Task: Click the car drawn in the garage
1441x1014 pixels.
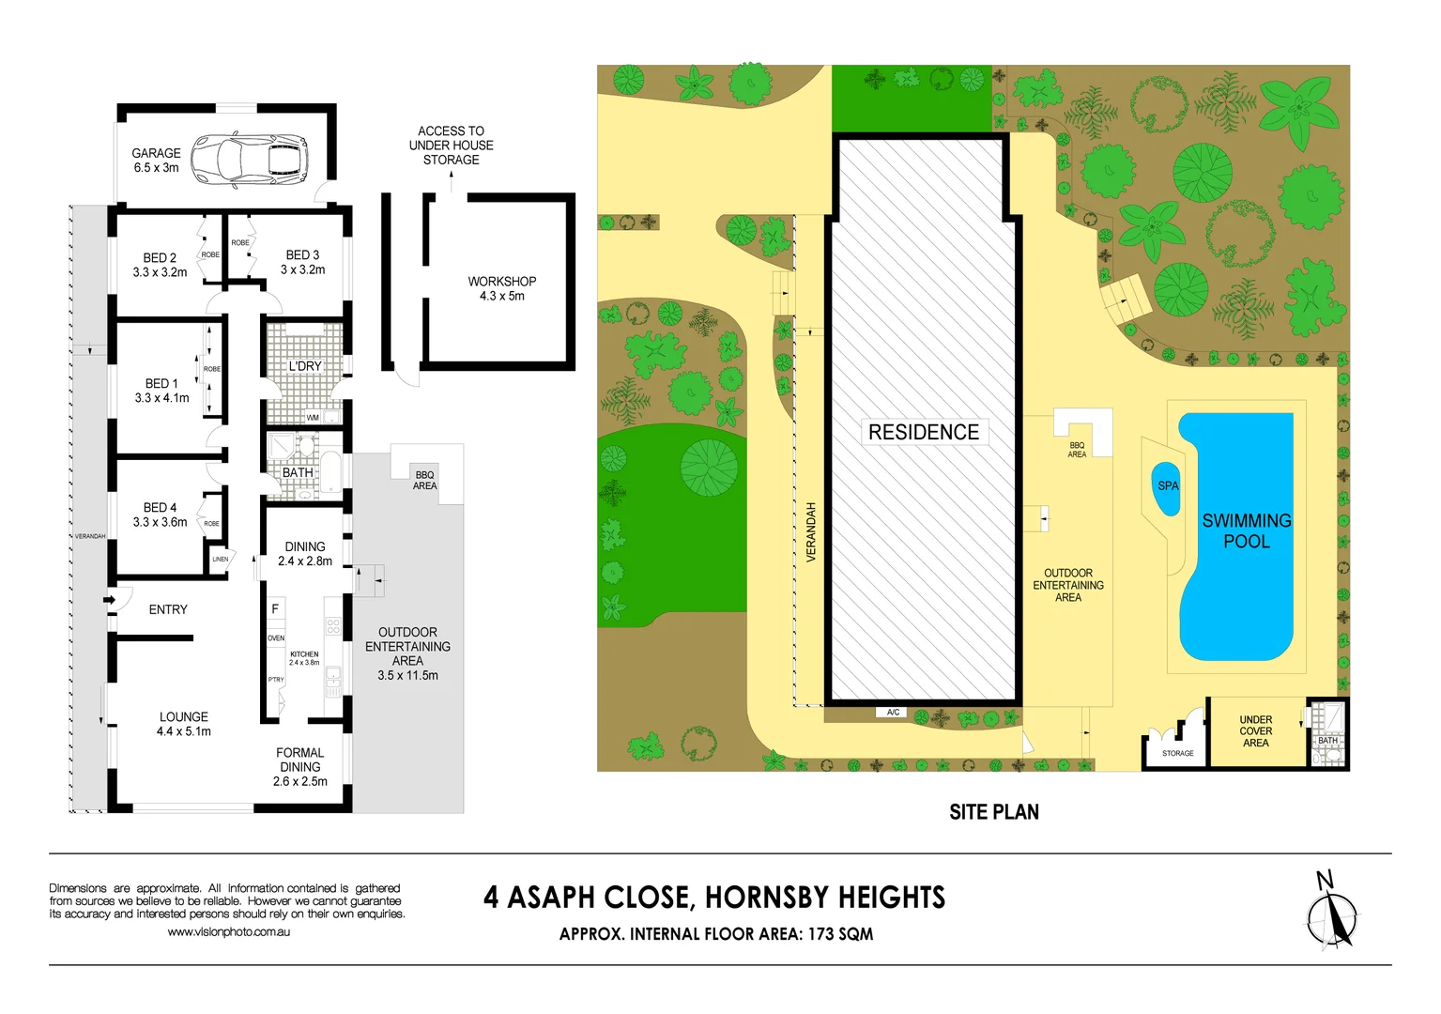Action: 250,160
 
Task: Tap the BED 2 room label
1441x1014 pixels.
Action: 160,265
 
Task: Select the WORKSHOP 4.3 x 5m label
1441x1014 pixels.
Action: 501,288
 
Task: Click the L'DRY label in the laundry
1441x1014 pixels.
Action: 304,366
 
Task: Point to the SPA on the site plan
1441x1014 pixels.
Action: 1167,486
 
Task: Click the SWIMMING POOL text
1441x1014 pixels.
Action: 1246,530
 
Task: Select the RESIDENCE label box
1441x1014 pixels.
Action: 924,432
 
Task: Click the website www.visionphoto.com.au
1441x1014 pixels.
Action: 228,932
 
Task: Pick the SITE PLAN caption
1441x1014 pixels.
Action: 993,812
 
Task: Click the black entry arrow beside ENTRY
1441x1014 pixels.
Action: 110,600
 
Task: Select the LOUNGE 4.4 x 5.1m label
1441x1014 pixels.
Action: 183,724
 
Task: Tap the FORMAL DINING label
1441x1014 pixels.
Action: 299,766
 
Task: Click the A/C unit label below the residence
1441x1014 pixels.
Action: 893,713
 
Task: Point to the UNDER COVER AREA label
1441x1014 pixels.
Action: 1255,731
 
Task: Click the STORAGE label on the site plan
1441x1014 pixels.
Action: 1177,753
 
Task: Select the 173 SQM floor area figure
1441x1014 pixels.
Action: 840,934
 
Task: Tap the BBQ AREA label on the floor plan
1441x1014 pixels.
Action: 424,480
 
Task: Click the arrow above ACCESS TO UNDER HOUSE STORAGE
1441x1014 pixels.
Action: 451,181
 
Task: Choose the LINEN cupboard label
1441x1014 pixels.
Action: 220,560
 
